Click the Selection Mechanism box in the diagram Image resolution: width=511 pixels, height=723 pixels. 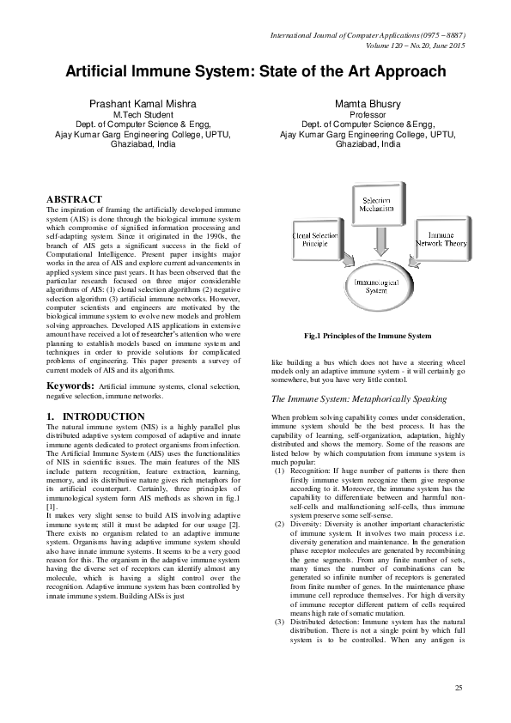(375, 204)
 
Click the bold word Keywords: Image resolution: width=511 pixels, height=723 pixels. (70, 387)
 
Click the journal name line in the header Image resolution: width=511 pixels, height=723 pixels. (368, 35)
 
